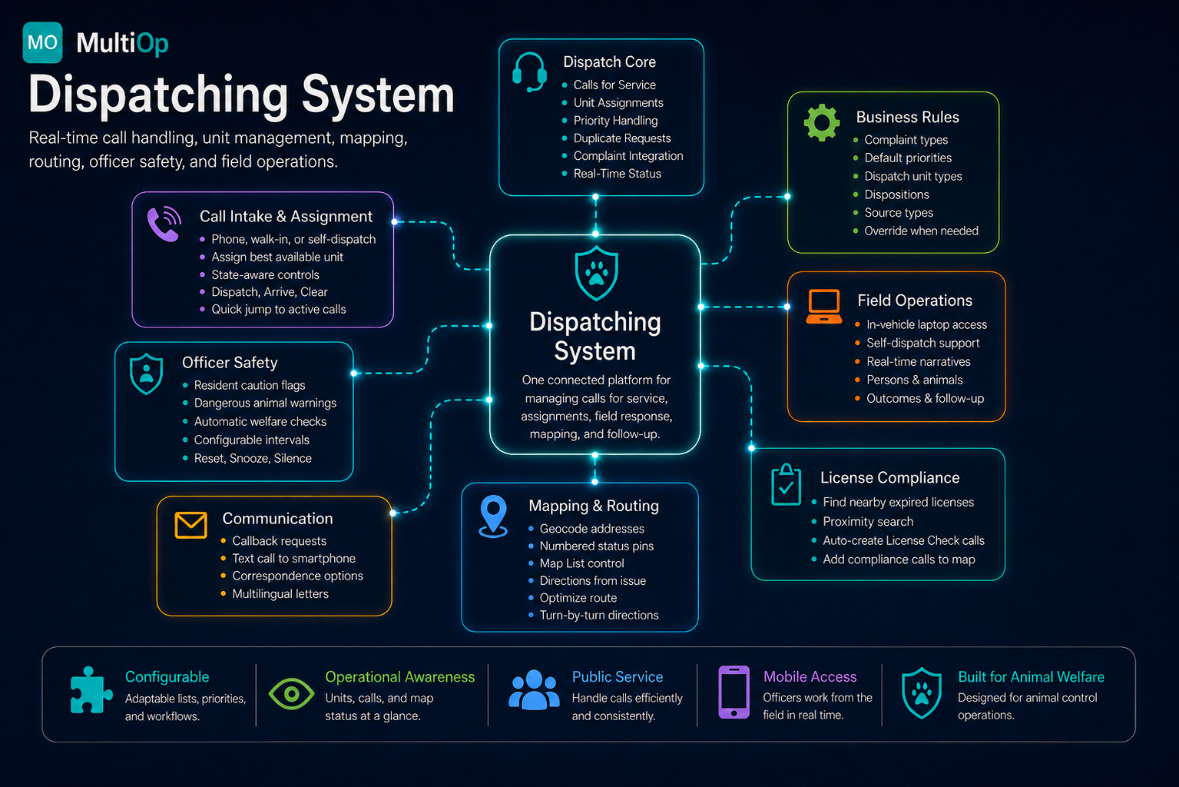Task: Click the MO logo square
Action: click(x=43, y=43)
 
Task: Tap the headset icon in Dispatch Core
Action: click(x=529, y=72)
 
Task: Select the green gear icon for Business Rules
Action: click(x=822, y=123)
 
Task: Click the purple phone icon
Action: click(x=164, y=224)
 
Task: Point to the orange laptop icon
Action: click(x=823, y=306)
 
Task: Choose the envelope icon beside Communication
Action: click(x=190, y=525)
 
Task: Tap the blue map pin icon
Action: click(x=493, y=516)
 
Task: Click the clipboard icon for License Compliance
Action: click(x=786, y=485)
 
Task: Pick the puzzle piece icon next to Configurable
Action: click(x=91, y=690)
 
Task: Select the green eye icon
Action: click(x=291, y=694)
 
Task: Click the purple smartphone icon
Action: click(x=734, y=692)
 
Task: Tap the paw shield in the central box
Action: click(x=596, y=274)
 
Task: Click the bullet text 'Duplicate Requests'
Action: click(x=622, y=138)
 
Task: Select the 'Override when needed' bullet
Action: click(x=921, y=231)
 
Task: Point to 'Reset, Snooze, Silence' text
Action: click(x=253, y=458)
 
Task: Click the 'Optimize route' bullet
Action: click(x=578, y=598)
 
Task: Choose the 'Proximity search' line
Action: click(x=868, y=522)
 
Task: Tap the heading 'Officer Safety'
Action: click(x=230, y=363)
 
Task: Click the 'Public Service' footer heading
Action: click(x=618, y=676)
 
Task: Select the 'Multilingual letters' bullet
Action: click(x=280, y=593)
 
